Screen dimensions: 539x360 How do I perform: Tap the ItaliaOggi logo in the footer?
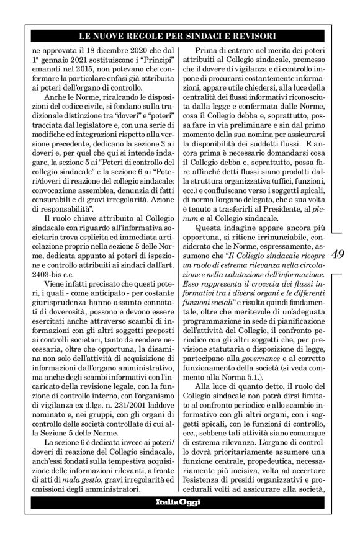click(179, 502)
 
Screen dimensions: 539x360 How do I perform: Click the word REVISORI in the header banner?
click(252, 36)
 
